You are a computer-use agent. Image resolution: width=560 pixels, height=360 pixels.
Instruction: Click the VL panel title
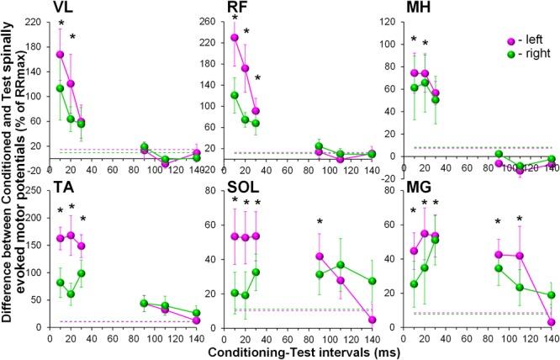[x=61, y=8]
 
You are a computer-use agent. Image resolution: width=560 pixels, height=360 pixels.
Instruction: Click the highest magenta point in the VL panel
[x=60, y=54]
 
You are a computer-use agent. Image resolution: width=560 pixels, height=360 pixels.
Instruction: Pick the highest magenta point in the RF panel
[x=235, y=37]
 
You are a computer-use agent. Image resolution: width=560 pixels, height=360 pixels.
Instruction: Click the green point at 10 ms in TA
[x=60, y=283]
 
